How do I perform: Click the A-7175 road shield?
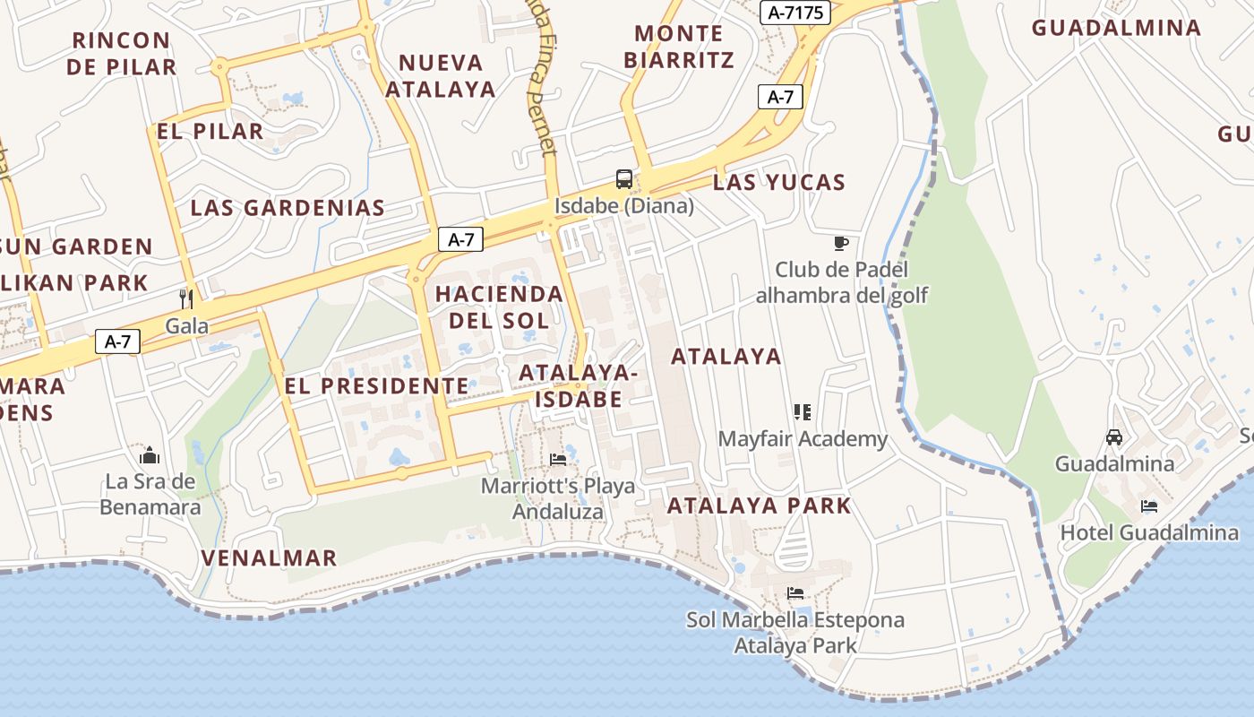(x=794, y=13)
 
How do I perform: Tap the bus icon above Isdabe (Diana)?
(x=623, y=178)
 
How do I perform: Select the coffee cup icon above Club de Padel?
(x=840, y=243)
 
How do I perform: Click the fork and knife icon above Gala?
(x=186, y=298)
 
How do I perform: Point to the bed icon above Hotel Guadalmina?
(x=1149, y=506)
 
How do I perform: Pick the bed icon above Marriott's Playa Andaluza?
(x=558, y=460)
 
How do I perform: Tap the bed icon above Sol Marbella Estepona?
(x=794, y=593)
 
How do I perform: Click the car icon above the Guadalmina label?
(x=1114, y=437)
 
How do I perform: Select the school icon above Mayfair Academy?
(x=802, y=412)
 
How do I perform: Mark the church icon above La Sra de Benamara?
(x=150, y=454)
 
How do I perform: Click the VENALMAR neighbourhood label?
(x=269, y=557)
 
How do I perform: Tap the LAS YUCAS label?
(x=779, y=183)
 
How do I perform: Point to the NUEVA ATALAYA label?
(x=441, y=76)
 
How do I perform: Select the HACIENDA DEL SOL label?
(x=499, y=307)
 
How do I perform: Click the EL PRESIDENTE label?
(x=376, y=386)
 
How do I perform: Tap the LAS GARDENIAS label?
(x=288, y=208)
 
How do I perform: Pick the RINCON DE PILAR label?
(x=121, y=54)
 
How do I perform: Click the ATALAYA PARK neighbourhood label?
(x=759, y=505)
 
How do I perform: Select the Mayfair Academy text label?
(x=803, y=439)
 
